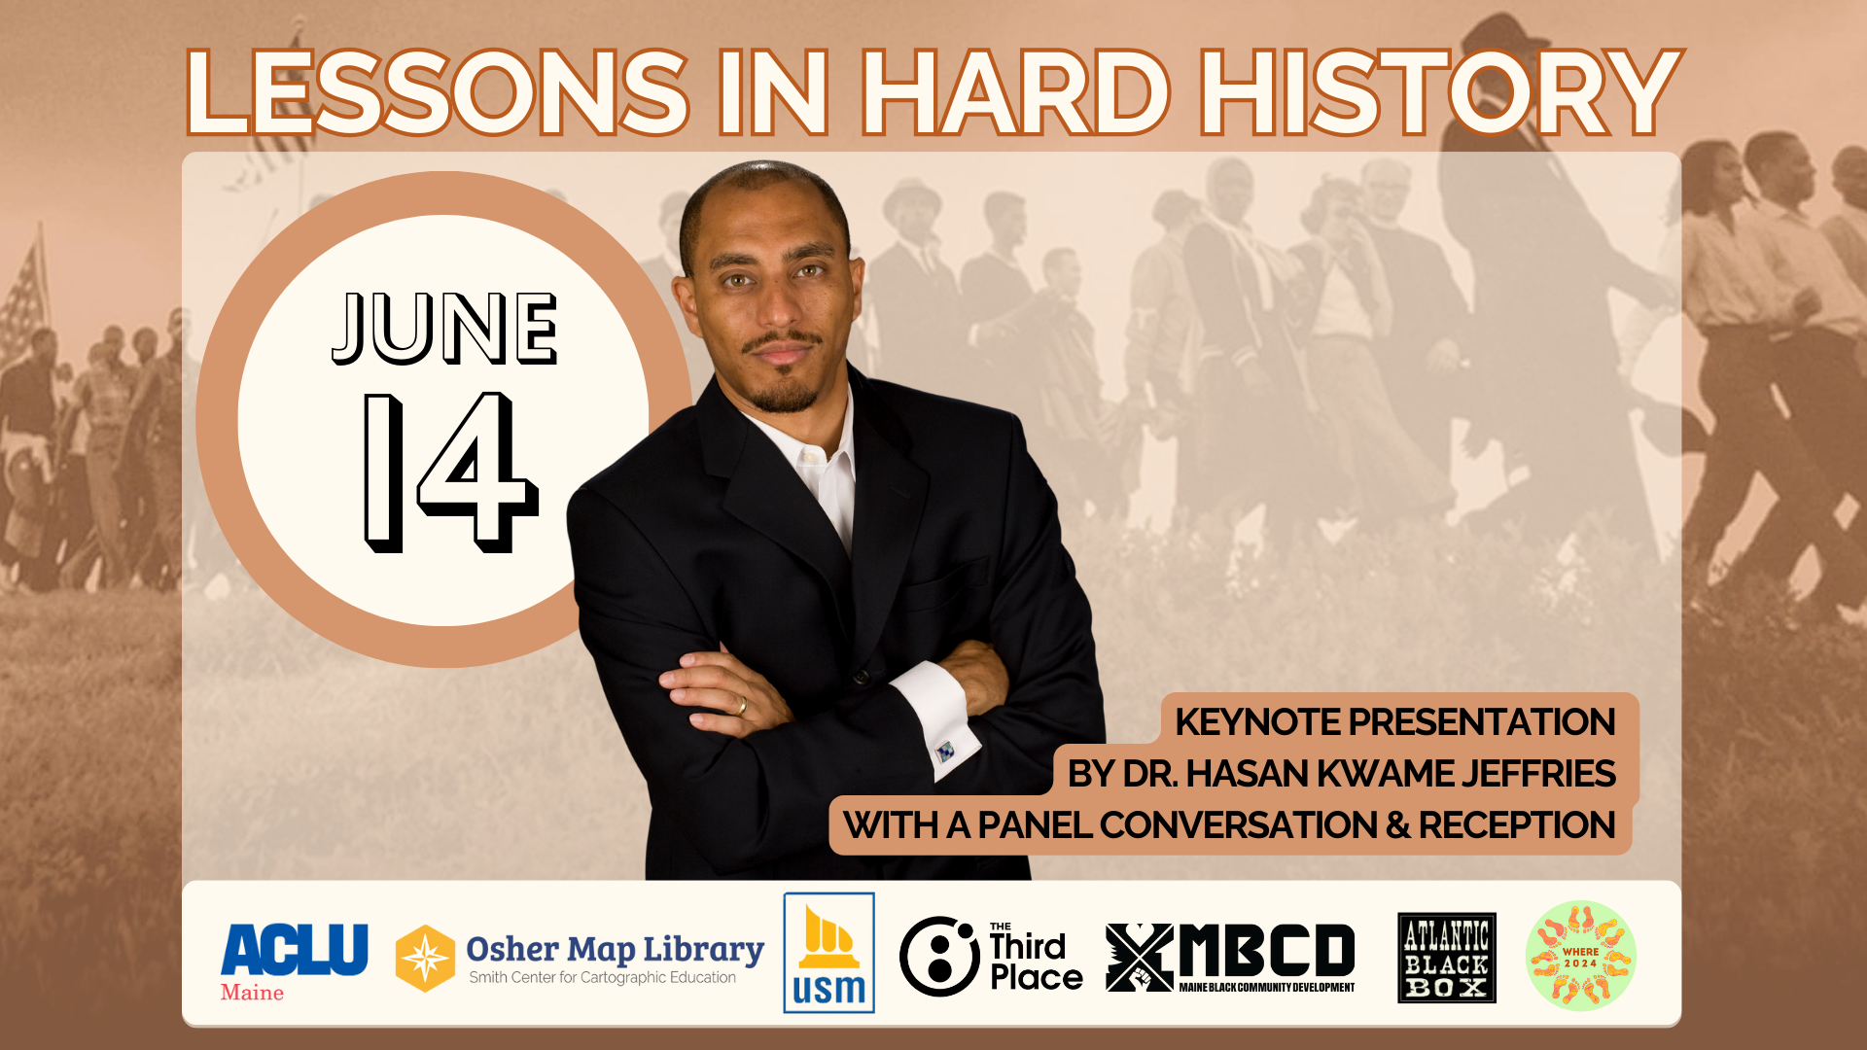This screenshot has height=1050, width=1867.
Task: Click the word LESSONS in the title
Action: pyautogui.click(x=438, y=92)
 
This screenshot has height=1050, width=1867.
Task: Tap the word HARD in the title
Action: pyautogui.click(x=1015, y=92)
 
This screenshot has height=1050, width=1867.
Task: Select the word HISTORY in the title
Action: pyautogui.click(x=1440, y=92)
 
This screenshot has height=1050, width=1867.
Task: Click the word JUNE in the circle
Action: pyautogui.click(x=445, y=329)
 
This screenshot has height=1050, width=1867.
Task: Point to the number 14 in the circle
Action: pyautogui.click(x=450, y=472)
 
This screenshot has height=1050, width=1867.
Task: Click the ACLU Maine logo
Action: pyautogui.click(x=294, y=962)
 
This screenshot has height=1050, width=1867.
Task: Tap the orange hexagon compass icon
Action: pyautogui.click(x=425, y=958)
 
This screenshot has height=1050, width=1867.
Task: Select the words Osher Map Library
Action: pyautogui.click(x=615, y=949)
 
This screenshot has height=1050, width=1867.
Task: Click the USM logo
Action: pyautogui.click(x=828, y=953)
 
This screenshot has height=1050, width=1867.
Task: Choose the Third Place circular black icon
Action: pyautogui.click(x=939, y=956)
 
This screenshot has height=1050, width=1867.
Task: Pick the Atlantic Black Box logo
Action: pyautogui.click(x=1447, y=958)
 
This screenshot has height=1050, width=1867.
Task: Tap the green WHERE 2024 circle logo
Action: pyautogui.click(x=1581, y=956)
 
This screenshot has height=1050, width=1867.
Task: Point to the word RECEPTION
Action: pyautogui.click(x=1517, y=825)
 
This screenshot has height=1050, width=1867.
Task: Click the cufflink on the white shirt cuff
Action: pyautogui.click(x=944, y=752)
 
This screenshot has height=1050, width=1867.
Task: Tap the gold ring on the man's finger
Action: pyautogui.click(x=742, y=706)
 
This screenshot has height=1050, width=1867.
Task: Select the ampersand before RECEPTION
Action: pyautogui.click(x=1398, y=825)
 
